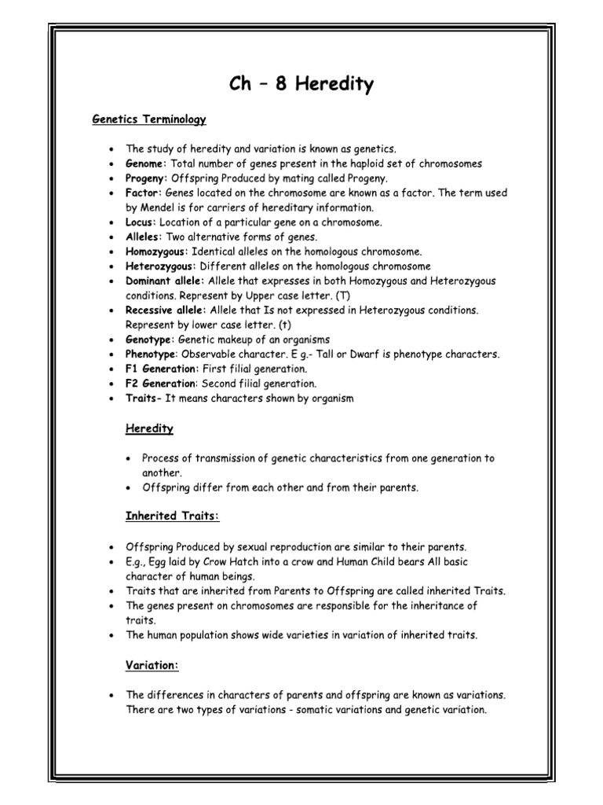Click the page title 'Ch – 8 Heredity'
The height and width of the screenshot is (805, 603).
coord(301,85)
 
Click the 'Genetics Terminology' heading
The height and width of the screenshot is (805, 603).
coord(149,119)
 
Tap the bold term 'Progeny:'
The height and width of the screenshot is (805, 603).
coord(147,178)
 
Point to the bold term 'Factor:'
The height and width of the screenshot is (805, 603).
coord(144,193)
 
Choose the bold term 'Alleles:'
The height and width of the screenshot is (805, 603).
coord(144,237)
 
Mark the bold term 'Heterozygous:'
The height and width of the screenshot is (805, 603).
coord(159,266)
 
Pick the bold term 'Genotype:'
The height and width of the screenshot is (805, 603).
coord(151,340)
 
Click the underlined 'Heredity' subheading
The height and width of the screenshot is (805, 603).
coord(149,428)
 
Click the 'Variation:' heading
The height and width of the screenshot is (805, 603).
coord(152,665)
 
